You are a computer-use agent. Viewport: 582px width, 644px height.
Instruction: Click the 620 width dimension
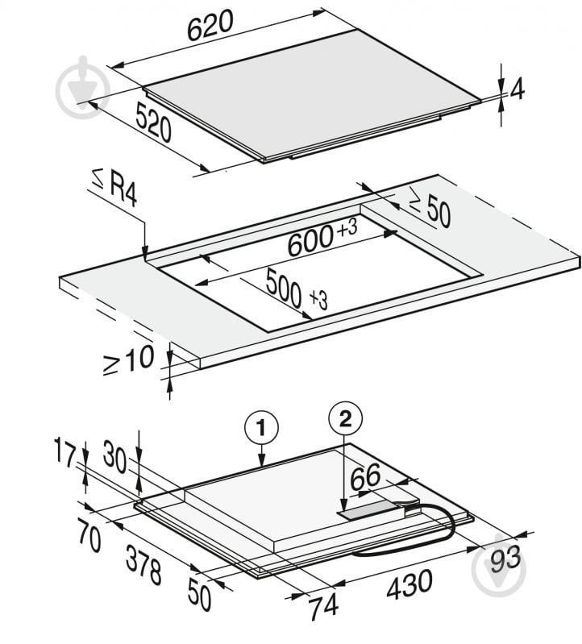[210, 26]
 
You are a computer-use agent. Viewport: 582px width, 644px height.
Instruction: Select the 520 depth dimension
[153, 122]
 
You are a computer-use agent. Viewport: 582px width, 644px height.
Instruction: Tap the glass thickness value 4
[517, 89]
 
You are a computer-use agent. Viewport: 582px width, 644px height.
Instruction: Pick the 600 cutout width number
[310, 242]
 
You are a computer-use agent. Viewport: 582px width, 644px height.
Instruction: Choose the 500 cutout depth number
[284, 288]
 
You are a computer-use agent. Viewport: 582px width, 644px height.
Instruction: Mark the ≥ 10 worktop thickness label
[128, 359]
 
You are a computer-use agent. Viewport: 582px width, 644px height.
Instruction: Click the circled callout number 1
[262, 428]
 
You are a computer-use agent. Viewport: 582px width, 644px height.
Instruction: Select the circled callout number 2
[345, 419]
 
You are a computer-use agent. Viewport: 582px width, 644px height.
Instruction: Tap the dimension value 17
[65, 452]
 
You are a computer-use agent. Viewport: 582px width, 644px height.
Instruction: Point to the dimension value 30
[114, 457]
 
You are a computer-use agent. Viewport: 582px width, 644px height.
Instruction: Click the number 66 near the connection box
[365, 476]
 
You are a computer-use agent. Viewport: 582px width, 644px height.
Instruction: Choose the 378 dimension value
[143, 564]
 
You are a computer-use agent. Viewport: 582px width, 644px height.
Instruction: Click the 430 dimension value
[409, 584]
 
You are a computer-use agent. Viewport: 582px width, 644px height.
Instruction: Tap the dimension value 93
[505, 560]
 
